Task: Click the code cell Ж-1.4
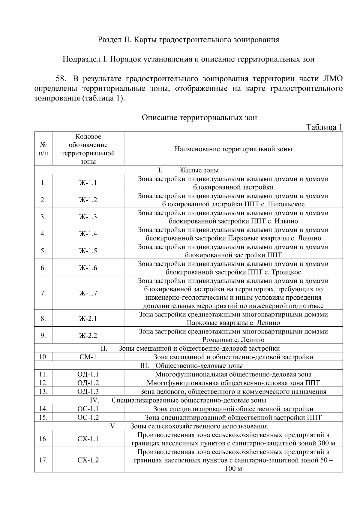(88, 234)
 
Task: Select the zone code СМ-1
(88, 357)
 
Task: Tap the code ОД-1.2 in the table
(88, 383)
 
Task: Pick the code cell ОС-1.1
(88, 409)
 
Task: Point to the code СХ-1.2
(88, 460)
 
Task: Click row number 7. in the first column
(43, 293)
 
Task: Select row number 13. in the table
(43, 391)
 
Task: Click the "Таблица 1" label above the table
(324, 127)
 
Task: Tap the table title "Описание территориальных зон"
(199, 117)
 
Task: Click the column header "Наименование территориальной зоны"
(233, 149)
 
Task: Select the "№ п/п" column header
(43, 149)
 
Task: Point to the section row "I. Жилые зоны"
(188, 170)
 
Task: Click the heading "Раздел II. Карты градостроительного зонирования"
(188, 40)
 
